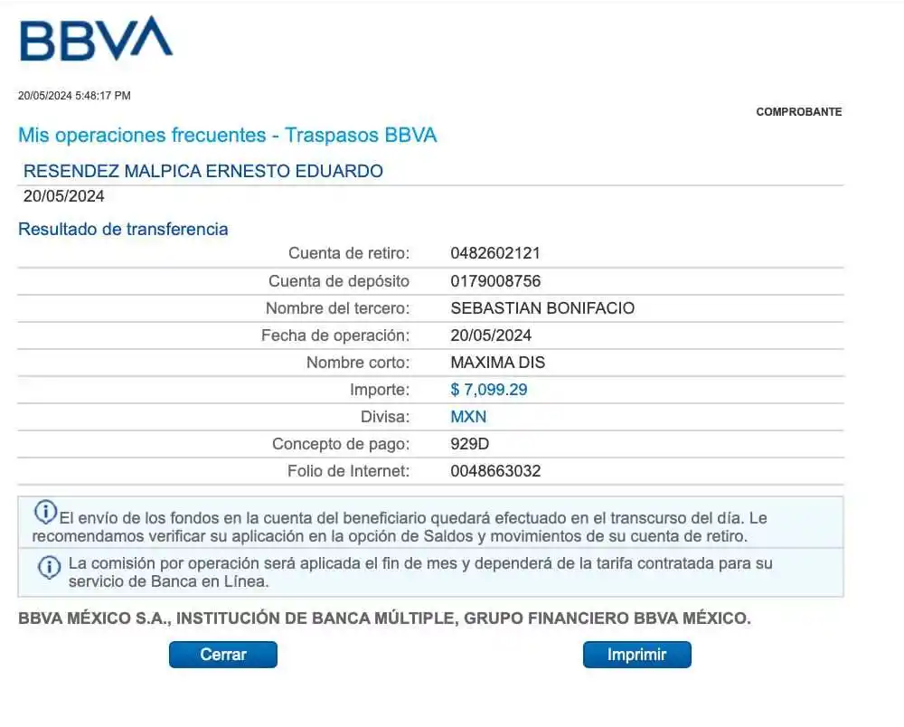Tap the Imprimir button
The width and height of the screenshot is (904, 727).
(636, 655)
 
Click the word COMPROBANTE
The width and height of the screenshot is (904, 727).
(798, 112)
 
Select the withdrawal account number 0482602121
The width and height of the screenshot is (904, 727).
(495, 253)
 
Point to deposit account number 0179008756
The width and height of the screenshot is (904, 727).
(495, 281)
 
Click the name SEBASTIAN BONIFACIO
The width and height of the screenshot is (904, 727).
(542, 308)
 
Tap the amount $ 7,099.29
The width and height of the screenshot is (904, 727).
(489, 390)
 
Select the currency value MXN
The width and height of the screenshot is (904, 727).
(468, 417)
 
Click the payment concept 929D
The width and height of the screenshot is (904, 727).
(470, 444)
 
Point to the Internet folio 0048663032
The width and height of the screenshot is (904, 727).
(495, 471)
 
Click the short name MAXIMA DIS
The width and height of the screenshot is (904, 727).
(497, 363)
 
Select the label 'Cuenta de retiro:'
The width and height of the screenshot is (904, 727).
(349, 253)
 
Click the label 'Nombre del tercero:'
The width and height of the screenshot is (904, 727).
(337, 308)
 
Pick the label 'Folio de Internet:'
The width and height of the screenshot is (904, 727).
(348, 471)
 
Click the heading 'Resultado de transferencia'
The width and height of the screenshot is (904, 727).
(123, 229)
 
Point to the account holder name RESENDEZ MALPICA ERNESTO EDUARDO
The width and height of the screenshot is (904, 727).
(203, 171)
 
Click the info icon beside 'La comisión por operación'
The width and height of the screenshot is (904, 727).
(49, 567)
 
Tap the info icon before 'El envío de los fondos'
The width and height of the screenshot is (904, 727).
(45, 512)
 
